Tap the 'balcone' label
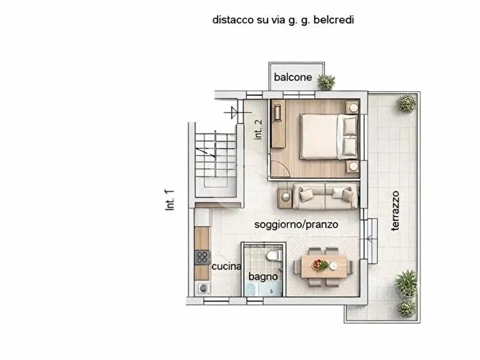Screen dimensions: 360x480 tap(293, 77)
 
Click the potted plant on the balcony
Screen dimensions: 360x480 tap(326, 82)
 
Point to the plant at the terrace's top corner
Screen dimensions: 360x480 tap(407, 104)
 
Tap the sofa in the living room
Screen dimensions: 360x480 tap(324, 196)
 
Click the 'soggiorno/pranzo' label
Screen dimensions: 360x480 tap(296, 224)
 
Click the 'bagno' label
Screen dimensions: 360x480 tap(263, 276)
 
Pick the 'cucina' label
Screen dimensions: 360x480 tap(226, 267)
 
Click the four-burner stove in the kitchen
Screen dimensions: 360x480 tap(202, 258)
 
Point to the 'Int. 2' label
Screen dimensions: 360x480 tap(259, 130)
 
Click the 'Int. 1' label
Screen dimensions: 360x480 tap(171, 201)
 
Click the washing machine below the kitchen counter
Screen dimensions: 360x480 tap(203, 289)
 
